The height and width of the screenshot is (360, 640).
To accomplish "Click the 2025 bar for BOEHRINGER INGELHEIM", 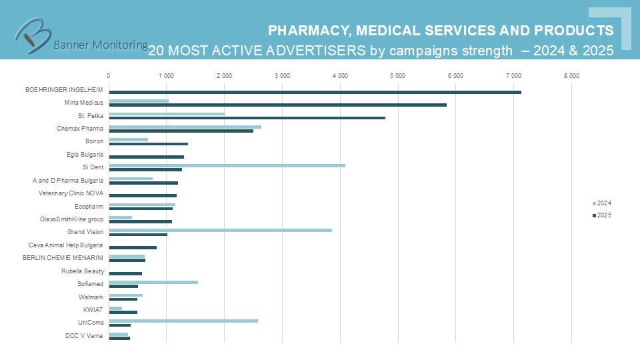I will [315, 92].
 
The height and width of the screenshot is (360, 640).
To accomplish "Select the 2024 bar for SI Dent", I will [227, 165].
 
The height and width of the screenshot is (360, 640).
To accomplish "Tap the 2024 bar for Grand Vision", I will [220, 230].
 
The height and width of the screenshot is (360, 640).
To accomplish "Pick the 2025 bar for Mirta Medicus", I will [277, 105].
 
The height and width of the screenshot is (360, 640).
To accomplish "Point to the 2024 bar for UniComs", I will [183, 321].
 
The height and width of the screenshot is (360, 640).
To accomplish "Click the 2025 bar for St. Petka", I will [247, 118].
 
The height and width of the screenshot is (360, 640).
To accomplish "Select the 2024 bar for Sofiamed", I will [153, 282].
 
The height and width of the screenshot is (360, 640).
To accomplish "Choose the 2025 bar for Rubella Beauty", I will [125, 273].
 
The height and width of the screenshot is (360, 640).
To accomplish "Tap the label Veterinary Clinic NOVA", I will [71, 193].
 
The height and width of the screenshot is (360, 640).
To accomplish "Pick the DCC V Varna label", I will [84, 336].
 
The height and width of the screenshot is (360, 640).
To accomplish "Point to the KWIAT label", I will [93, 310].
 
